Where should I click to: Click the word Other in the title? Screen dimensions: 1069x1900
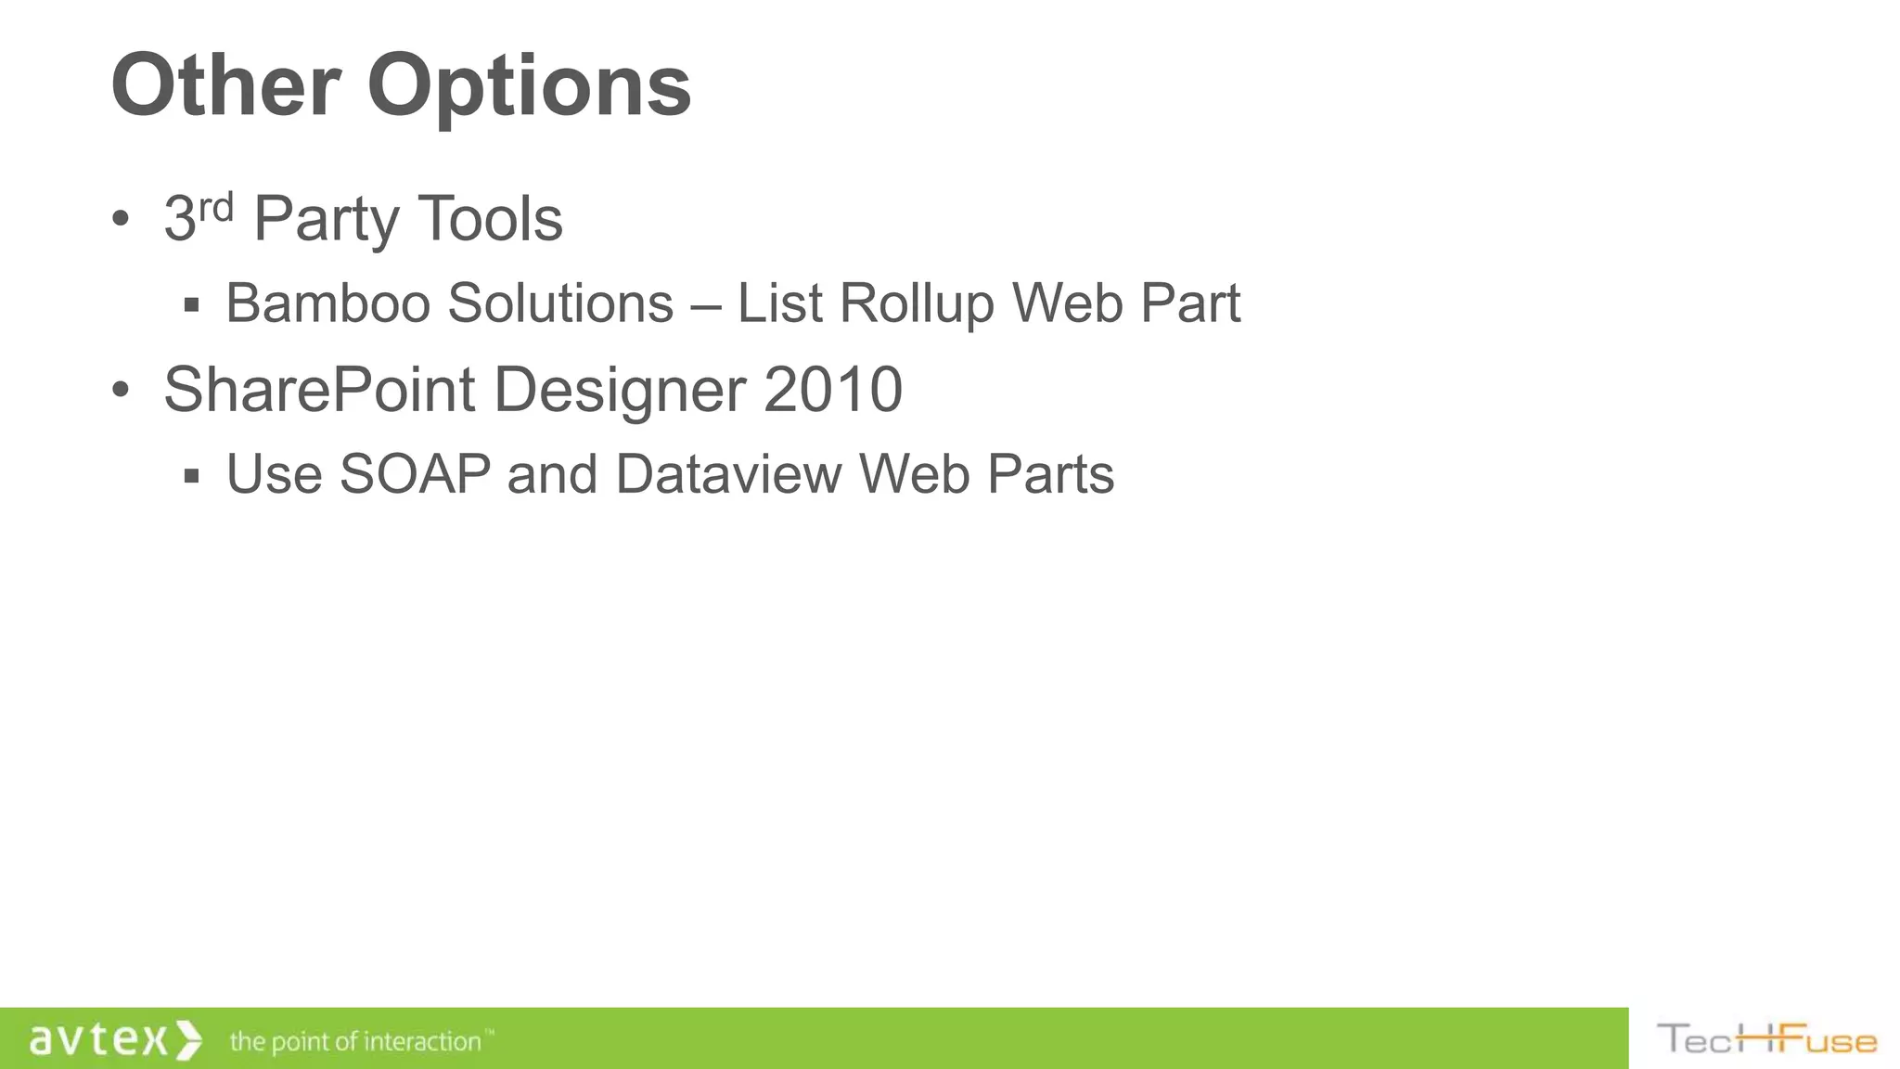[x=225, y=85]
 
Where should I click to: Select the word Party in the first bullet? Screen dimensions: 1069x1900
[x=325, y=221]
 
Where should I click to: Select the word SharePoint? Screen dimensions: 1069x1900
[x=319, y=390]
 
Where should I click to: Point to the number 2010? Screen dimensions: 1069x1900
[x=832, y=390]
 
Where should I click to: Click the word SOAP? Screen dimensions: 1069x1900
[x=415, y=474]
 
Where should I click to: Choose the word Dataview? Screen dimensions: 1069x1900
[x=729, y=474]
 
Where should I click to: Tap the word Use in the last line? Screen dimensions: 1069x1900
[x=274, y=474]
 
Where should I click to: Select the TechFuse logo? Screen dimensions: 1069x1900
[x=1765, y=1039]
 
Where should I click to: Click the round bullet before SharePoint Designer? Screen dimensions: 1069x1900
[x=120, y=391]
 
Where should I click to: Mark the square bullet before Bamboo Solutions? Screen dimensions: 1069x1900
[x=192, y=304]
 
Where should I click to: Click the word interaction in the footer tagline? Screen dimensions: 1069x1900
[x=422, y=1041]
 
